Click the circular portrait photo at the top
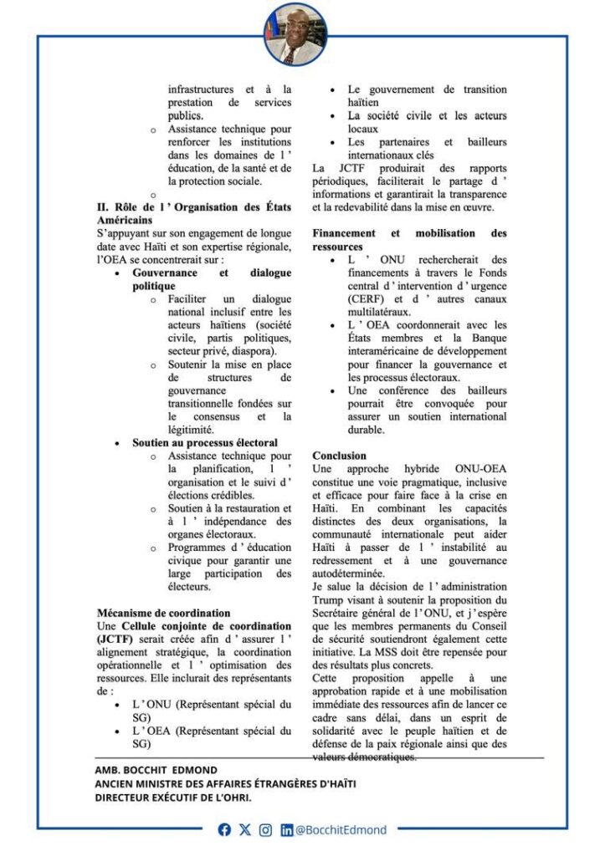295,34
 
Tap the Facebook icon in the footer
224,829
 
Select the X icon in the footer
244,829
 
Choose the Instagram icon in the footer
265,829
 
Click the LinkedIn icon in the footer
287,829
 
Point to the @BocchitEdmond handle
341,829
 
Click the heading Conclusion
339,456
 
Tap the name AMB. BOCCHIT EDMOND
157,769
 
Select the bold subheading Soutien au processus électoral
205,442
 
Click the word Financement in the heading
344,233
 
